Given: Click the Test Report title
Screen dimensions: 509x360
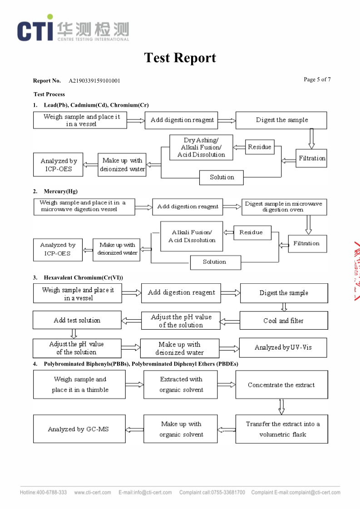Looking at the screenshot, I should coord(180,58).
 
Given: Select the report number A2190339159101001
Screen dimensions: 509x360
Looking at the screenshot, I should coord(94,81).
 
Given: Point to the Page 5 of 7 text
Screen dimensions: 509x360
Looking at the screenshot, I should coord(317,79).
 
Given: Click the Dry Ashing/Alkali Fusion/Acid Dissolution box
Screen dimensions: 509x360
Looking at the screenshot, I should coord(201,148).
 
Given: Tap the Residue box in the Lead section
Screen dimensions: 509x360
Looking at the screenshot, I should coord(260,147).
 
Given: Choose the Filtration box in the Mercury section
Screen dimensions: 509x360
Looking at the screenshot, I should coord(306,243).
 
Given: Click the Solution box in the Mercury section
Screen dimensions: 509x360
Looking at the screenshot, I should coord(214,262).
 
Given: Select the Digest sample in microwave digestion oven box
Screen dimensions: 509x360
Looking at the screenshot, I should coord(283,207).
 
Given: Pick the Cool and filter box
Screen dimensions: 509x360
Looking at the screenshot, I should coord(283,321).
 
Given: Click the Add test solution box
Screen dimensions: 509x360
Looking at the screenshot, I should coord(77,320).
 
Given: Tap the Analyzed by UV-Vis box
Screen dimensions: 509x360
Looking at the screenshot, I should coord(283,347).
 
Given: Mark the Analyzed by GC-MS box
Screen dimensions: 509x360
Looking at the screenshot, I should coord(79,429).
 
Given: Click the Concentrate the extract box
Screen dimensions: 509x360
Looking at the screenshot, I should coord(281,385).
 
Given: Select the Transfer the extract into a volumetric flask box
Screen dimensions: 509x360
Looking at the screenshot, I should coord(282,429).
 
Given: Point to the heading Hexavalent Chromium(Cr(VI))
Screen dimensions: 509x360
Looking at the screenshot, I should coord(84,277).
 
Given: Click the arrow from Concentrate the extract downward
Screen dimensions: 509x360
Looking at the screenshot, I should coord(282,406).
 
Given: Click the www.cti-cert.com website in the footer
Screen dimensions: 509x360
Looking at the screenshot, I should coord(92,493).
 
